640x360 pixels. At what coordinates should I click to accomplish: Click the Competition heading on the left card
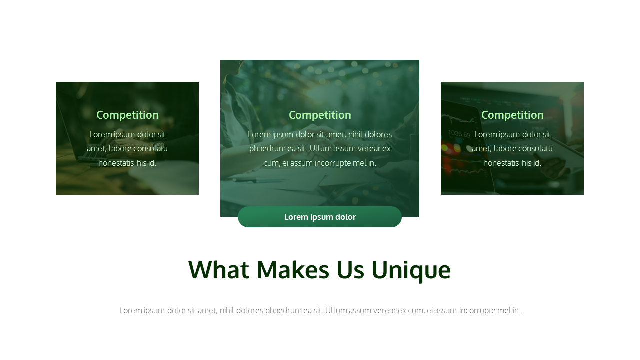[x=127, y=115]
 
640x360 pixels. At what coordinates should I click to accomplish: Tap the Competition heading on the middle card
[x=320, y=115]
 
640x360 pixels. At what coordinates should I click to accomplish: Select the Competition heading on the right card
[x=512, y=115]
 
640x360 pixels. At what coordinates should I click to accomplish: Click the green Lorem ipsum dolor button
[x=320, y=217]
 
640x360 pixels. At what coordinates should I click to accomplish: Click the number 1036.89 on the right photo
[x=459, y=134]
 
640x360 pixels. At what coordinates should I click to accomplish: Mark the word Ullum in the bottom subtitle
[x=336, y=311]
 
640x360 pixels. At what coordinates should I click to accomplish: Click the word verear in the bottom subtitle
[x=383, y=311]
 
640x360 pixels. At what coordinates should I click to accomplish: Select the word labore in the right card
[x=505, y=149]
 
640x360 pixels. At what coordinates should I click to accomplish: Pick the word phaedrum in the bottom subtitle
[x=283, y=311]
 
